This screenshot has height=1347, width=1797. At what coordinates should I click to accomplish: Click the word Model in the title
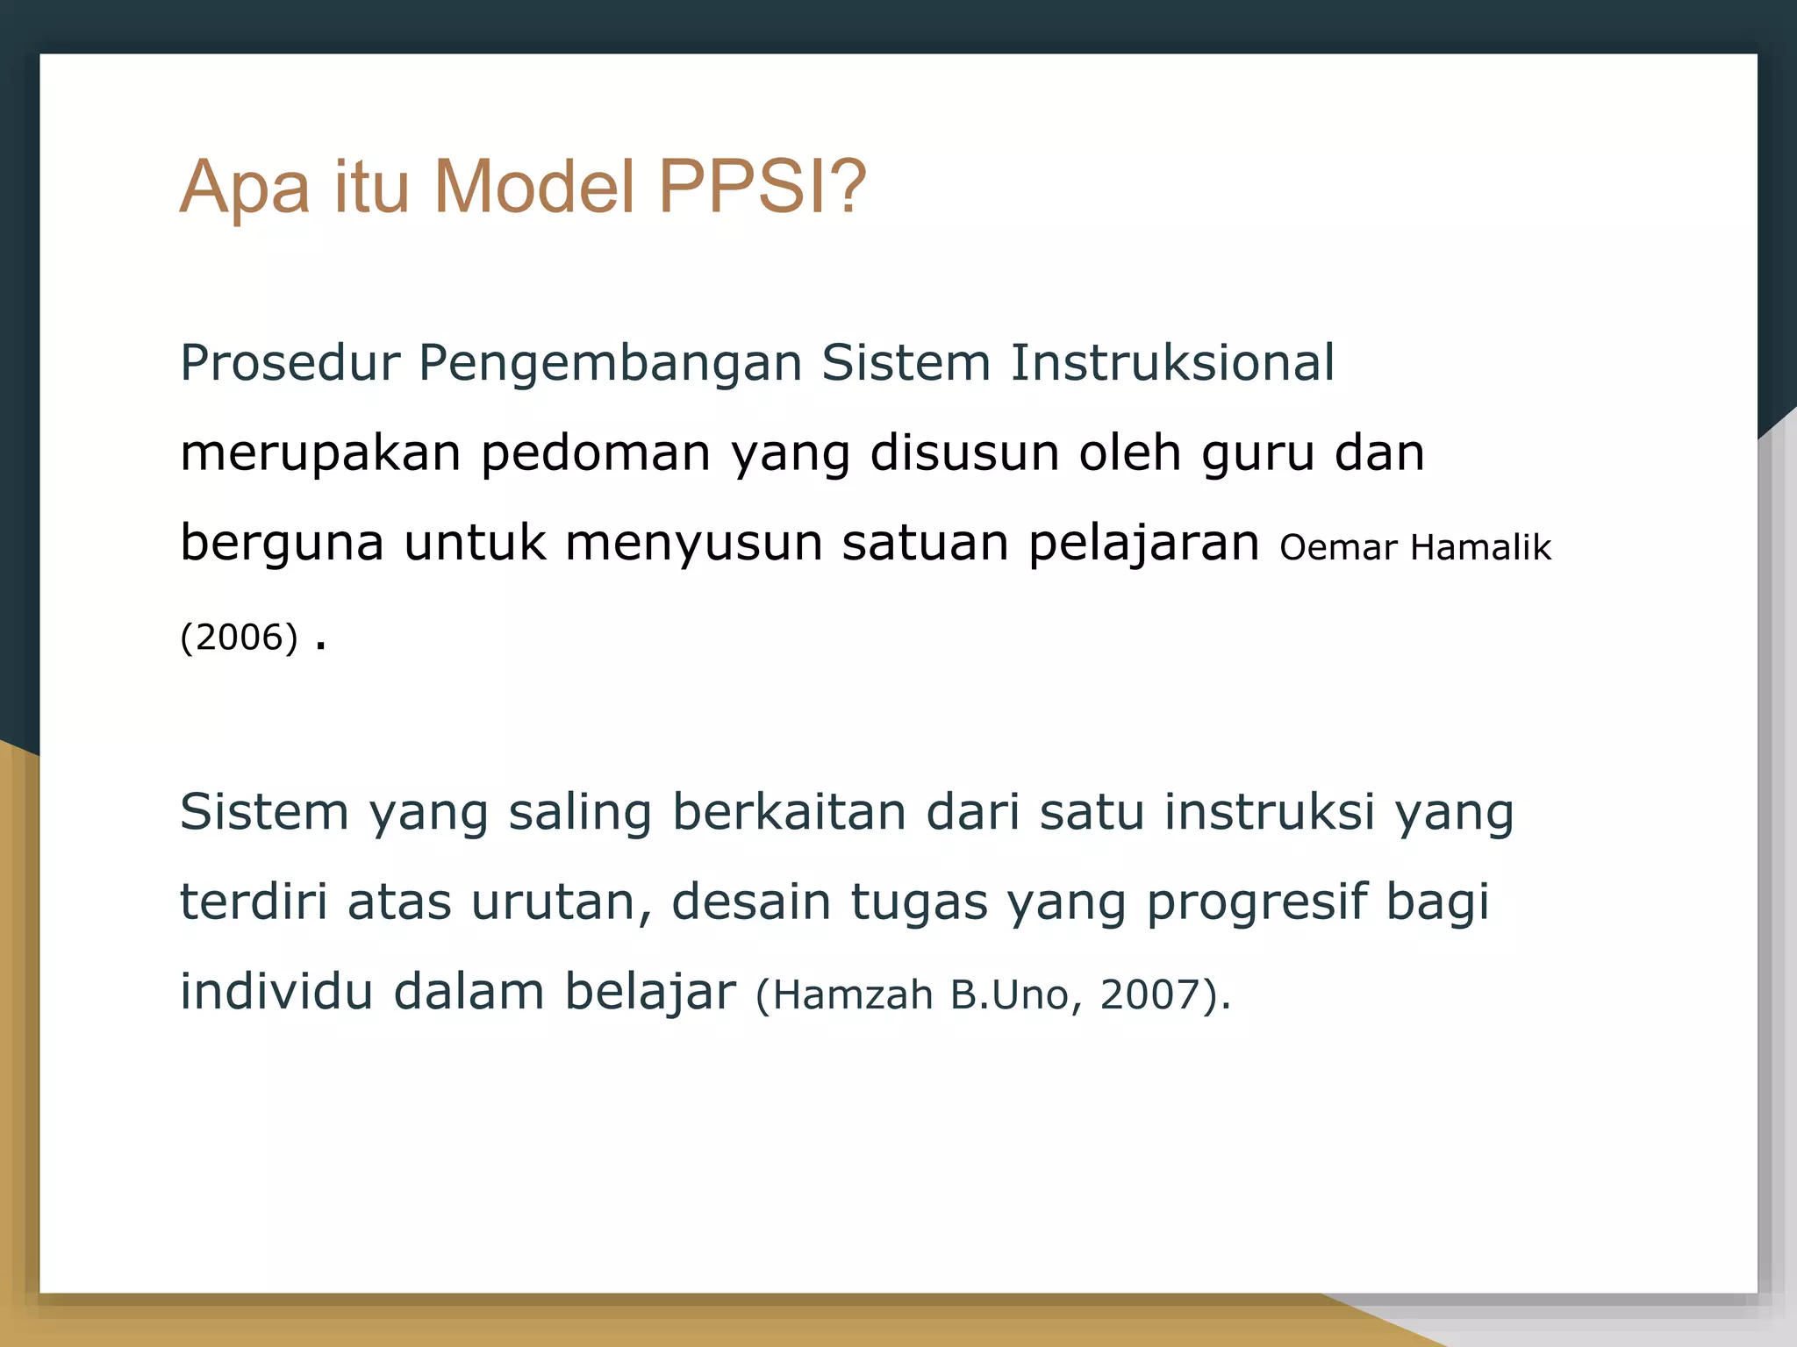(x=533, y=187)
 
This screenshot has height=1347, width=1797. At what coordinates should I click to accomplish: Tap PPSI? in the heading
(x=762, y=187)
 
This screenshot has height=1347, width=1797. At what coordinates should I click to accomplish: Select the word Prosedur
(x=290, y=363)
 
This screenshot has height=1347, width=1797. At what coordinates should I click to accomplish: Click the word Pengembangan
(x=610, y=365)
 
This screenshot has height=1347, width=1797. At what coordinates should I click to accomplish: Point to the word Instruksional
(x=1172, y=363)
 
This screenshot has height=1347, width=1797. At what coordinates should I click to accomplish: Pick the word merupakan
(x=320, y=454)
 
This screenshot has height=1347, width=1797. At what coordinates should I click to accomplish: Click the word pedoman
(x=596, y=454)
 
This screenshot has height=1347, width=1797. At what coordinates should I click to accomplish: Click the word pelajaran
(x=1143, y=544)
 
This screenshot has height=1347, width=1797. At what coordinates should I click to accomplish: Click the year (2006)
(x=239, y=638)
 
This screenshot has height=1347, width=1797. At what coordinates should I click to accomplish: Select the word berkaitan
(x=789, y=812)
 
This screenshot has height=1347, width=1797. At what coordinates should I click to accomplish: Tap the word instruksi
(x=1269, y=812)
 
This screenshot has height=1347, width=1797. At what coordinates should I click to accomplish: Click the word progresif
(x=1256, y=903)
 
